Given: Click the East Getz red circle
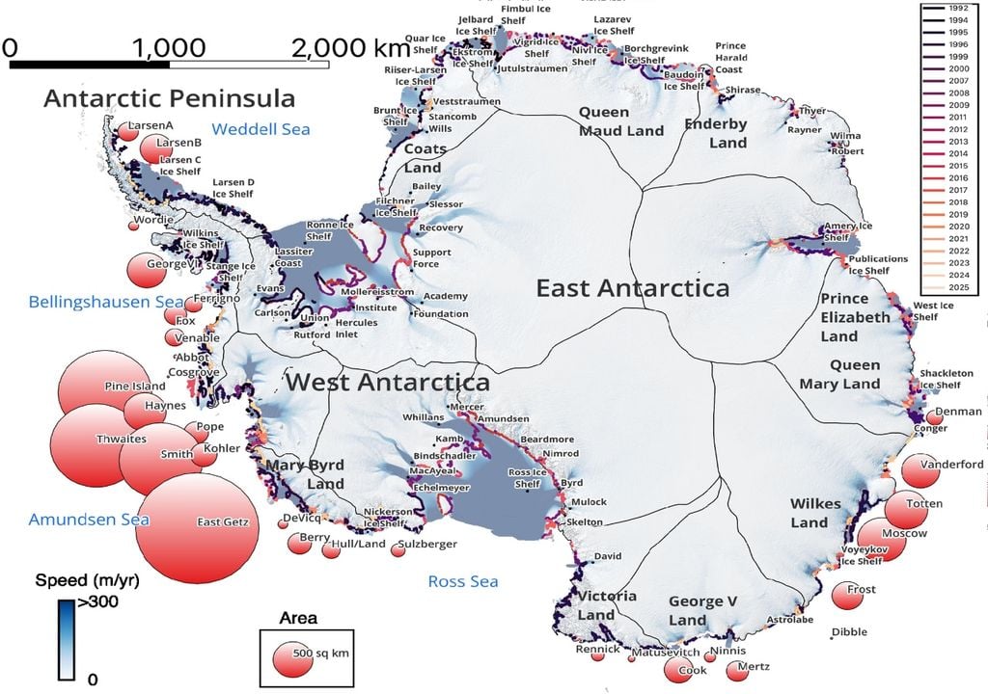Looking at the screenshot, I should point(198,528).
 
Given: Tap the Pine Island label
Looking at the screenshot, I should point(135,387).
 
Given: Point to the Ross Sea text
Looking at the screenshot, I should point(463,581).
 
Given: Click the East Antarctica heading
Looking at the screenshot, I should point(633,287).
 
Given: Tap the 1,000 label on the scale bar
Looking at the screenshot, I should point(169,48).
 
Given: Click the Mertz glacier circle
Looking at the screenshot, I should point(738,669).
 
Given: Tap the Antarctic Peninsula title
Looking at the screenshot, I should point(169,98).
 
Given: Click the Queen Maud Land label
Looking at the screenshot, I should point(621,121).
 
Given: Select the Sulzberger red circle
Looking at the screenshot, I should point(398,549).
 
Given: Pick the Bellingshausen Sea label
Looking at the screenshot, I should point(92,302).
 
